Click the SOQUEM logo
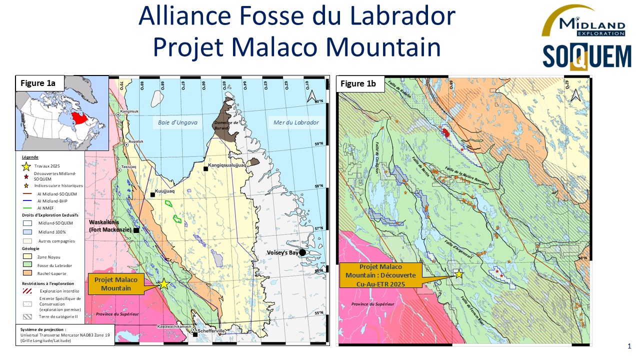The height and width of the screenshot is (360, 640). [587, 56]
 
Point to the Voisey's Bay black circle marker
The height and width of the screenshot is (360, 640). [302, 252]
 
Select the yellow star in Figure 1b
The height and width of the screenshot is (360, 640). [458, 274]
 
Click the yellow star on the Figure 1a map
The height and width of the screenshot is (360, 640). [163, 283]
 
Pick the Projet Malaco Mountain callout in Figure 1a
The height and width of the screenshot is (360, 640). [116, 283]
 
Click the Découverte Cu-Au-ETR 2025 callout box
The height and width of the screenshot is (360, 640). [380, 275]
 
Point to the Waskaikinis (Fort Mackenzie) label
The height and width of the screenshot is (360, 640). [110, 226]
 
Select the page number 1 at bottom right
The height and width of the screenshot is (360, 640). [629, 346]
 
